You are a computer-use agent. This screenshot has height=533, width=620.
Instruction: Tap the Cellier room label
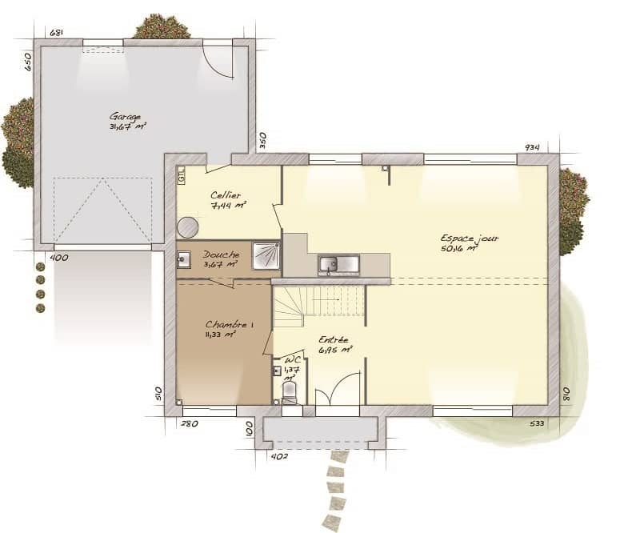[226, 195]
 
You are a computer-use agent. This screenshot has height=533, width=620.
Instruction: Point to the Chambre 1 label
[230, 324]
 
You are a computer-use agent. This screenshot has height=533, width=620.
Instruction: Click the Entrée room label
[333, 339]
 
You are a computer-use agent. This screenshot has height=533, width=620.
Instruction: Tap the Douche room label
[220, 254]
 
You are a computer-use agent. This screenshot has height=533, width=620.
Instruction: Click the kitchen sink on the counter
[338, 263]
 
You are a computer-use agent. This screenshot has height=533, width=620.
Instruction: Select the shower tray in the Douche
[266, 256]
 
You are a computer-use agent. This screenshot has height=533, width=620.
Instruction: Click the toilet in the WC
[290, 392]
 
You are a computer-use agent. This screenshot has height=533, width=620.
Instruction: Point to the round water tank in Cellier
[188, 227]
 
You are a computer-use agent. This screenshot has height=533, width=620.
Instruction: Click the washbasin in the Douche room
[183, 259]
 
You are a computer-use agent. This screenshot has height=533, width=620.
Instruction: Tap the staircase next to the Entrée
[318, 305]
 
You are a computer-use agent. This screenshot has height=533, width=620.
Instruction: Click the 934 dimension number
[532, 147]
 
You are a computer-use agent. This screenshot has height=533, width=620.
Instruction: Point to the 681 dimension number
[56, 33]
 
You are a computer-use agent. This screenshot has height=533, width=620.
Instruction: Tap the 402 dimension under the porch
[279, 456]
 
